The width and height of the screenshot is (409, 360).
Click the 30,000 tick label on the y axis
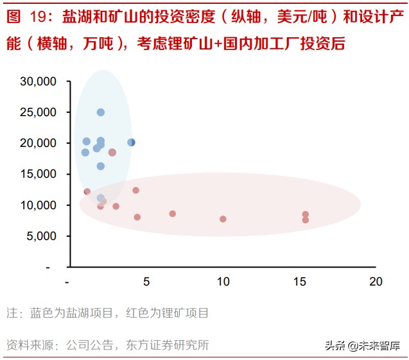[x=39, y=81]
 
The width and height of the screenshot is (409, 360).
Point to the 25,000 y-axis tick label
[x=39, y=112]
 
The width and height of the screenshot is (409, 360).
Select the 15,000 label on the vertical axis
[x=39, y=174]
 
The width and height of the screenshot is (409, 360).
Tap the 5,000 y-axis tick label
[x=41, y=236]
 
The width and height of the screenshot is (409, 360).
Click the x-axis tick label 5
[x=146, y=282]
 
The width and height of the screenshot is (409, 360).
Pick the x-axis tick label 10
[x=223, y=282]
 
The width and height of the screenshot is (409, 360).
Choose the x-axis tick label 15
[x=300, y=282]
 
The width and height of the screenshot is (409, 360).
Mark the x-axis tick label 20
[x=376, y=282]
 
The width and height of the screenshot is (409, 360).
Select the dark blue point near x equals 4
[x=132, y=142]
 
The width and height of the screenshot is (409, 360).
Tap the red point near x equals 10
[x=223, y=219]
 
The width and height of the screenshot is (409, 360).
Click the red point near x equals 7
[x=172, y=214]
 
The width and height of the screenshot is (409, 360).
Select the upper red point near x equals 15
[x=306, y=214]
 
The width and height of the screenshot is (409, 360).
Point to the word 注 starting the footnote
[x=12, y=314]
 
